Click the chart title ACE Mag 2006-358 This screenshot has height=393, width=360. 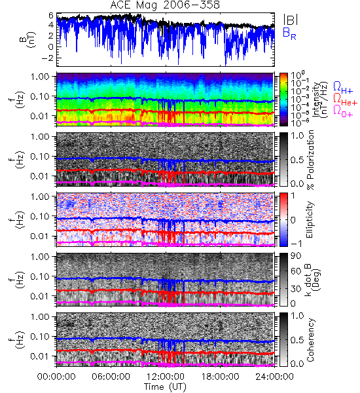tap(165, 5)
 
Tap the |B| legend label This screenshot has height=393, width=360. tap(291, 20)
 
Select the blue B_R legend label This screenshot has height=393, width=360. tap(289, 34)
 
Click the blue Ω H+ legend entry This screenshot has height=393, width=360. tap(343, 88)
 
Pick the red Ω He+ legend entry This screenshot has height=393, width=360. tap(345, 100)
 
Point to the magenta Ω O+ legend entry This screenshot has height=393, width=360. tap(343, 111)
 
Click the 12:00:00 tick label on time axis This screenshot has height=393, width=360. tap(166, 377)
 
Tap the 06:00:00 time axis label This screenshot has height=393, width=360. tap(111, 377)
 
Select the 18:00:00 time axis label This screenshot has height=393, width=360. tap(220, 377)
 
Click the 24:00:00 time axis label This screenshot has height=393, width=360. tap(274, 377)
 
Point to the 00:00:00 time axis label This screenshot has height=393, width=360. tap(56, 377)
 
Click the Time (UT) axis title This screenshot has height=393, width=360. tap(166, 387)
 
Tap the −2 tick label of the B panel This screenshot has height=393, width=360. tap(48, 58)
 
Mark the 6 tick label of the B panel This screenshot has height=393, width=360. tap(51, 15)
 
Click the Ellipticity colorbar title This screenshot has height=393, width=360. tap(310, 219)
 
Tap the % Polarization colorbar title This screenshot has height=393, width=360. tap(310, 160)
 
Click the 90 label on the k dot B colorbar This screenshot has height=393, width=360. tap(297, 256)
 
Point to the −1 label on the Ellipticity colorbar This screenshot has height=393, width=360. tap(296, 244)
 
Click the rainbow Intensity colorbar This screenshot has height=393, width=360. tap(283, 100)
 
